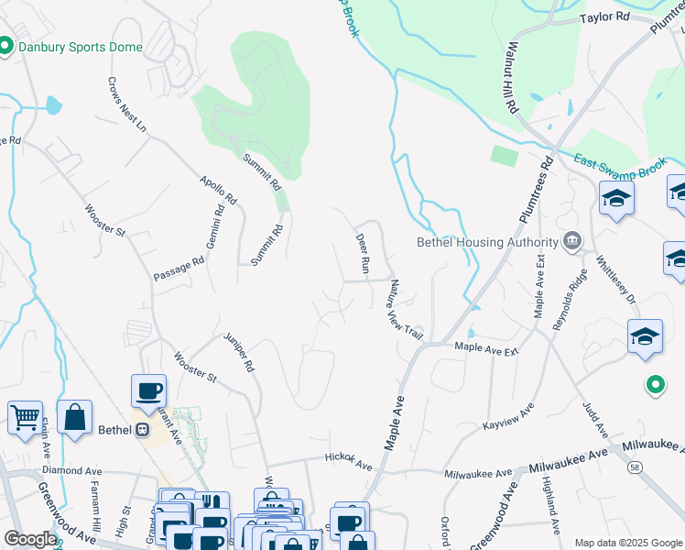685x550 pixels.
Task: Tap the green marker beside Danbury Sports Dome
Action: [x=6, y=46]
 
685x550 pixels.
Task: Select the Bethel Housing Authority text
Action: [x=487, y=243]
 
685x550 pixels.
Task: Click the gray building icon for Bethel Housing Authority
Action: [x=572, y=242]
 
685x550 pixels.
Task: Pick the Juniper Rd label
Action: [x=238, y=352]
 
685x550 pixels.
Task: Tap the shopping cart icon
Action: [x=25, y=416]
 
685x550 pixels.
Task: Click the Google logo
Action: [x=31, y=539]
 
